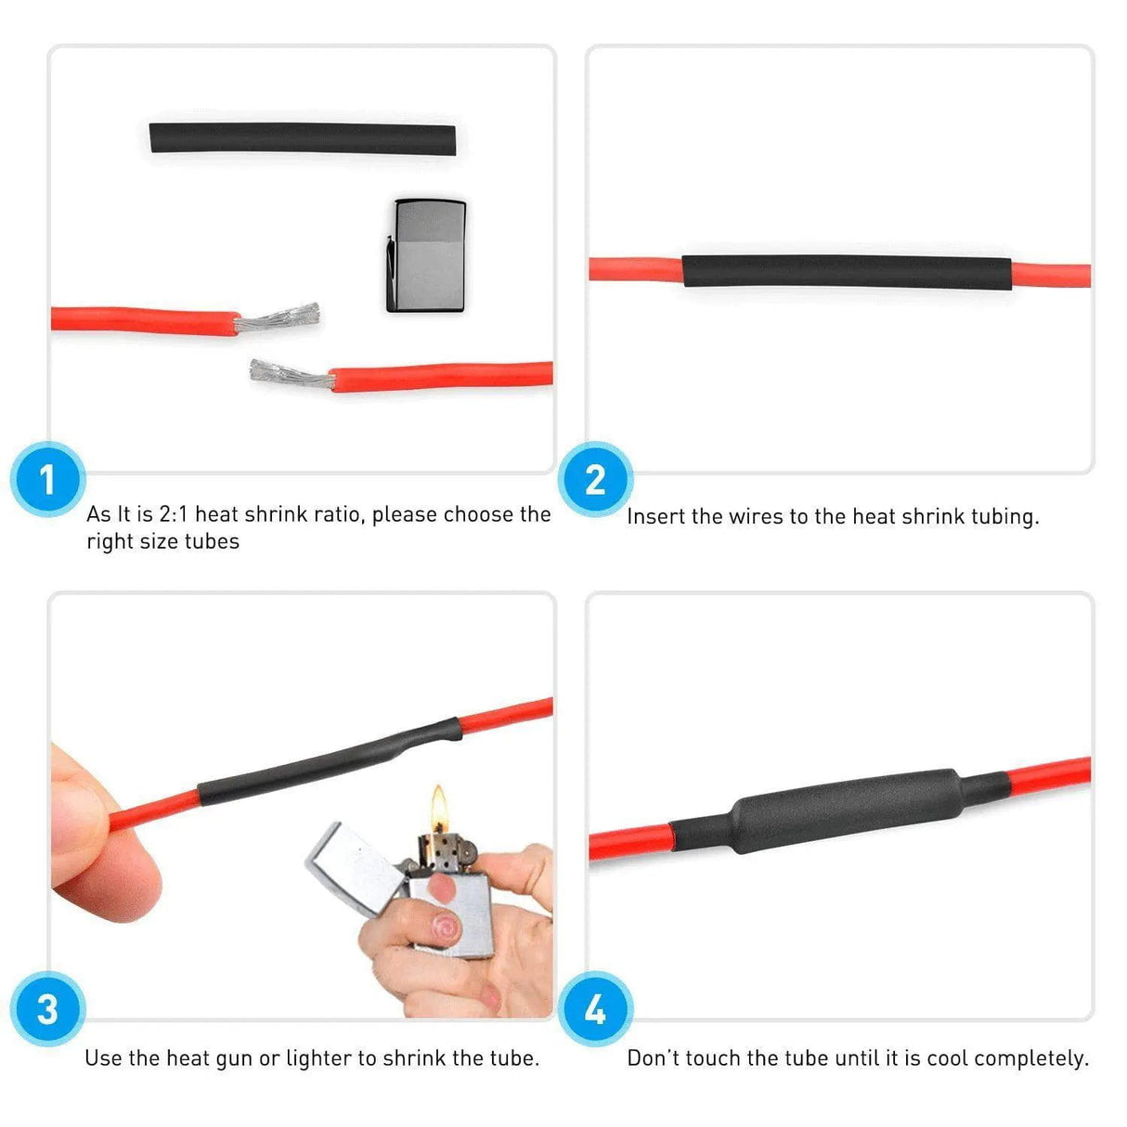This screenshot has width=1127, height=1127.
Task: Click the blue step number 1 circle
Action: (x=47, y=480)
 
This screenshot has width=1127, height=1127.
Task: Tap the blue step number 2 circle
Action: (x=595, y=480)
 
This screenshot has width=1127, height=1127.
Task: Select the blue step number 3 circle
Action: (x=47, y=1009)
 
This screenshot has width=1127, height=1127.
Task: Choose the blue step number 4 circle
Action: (x=595, y=1009)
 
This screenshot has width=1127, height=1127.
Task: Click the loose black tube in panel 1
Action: (x=303, y=138)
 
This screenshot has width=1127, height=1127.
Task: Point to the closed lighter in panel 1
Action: (x=426, y=254)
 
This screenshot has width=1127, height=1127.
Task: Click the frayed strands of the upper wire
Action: (x=279, y=318)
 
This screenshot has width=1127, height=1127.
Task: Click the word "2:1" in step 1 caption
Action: (x=173, y=514)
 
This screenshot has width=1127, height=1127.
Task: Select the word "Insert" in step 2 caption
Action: (x=655, y=516)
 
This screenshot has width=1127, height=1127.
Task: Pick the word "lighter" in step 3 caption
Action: (x=318, y=1058)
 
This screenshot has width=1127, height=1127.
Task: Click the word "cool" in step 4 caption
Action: (x=948, y=1058)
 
